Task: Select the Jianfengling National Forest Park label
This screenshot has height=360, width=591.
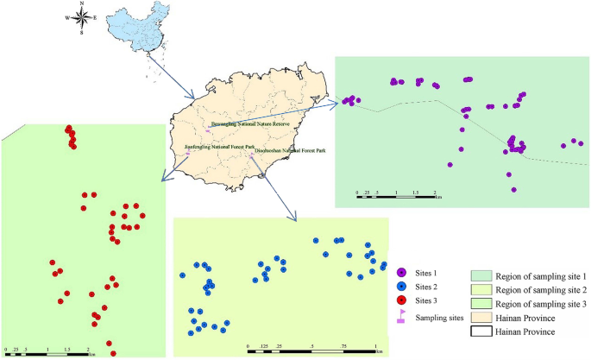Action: click(220, 148)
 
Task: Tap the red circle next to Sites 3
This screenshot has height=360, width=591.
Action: click(402, 300)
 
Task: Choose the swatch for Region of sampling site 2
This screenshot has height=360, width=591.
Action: click(482, 289)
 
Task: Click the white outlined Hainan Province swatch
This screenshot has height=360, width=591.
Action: click(482, 330)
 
